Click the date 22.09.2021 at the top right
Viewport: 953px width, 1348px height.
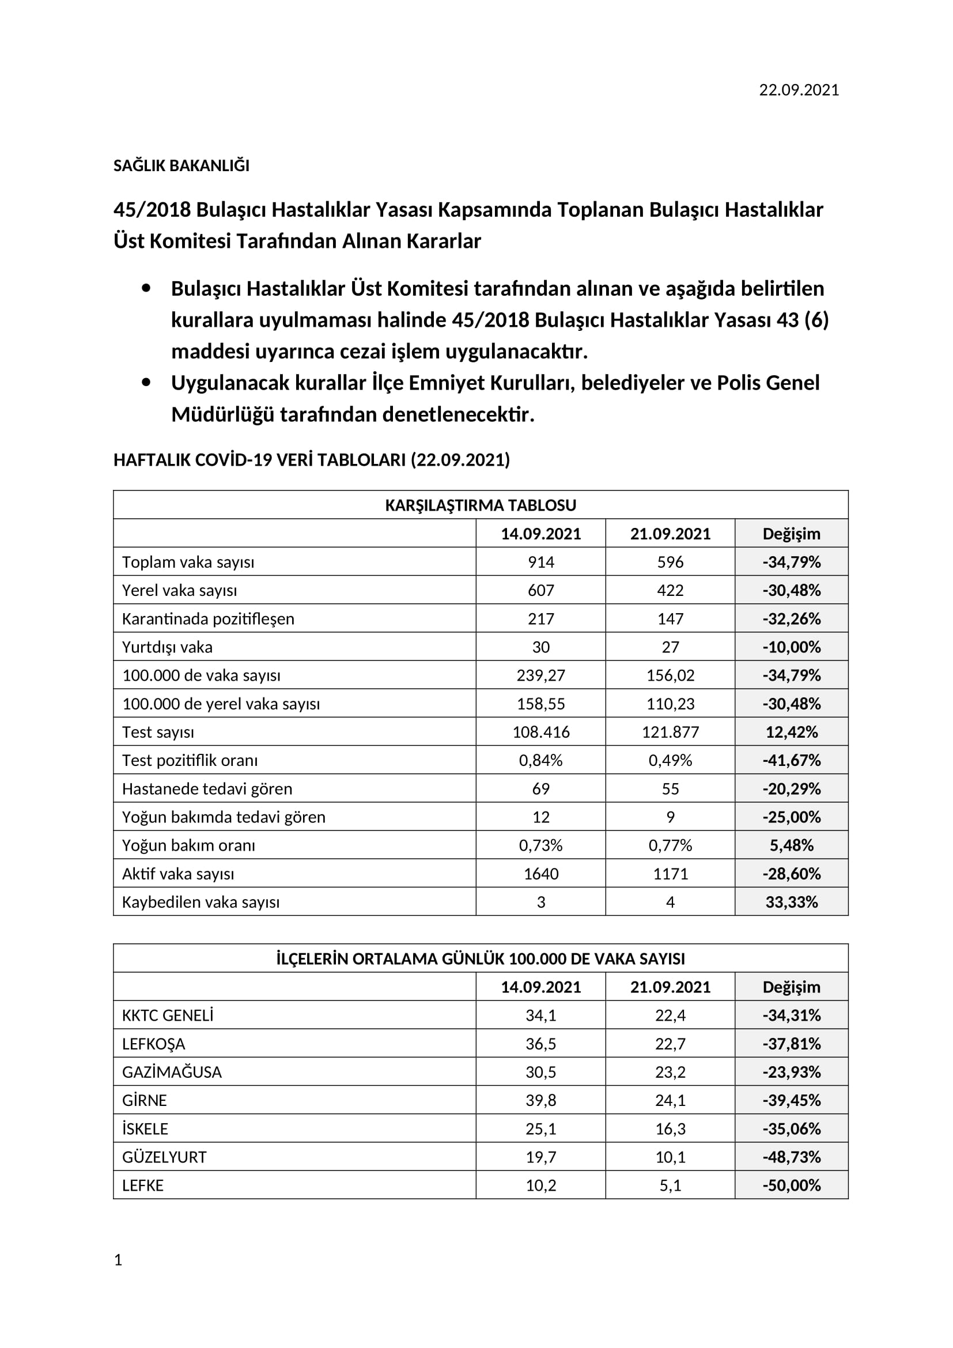tap(799, 90)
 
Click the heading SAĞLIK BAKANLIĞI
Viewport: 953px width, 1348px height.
tap(181, 165)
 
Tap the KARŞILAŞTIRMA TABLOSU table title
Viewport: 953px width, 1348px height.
tap(480, 505)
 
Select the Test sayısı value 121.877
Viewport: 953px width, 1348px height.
tap(670, 732)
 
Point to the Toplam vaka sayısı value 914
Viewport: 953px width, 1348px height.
tap(540, 562)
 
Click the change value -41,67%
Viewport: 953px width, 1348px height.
tap(791, 760)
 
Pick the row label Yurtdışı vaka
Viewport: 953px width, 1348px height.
tap(167, 647)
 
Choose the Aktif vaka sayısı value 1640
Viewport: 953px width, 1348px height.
tap(540, 874)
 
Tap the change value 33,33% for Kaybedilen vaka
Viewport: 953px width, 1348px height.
tap(791, 902)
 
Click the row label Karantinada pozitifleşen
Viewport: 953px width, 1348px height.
tap(208, 619)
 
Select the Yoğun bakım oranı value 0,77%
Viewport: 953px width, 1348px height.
tap(670, 845)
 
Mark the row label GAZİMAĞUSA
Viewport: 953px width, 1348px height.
tap(172, 1072)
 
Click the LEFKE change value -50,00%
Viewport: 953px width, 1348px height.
tap(791, 1185)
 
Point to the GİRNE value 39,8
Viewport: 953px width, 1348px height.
tap(540, 1100)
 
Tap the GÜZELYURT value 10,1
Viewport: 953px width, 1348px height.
tap(670, 1157)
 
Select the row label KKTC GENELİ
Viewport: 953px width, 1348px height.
tap(168, 1015)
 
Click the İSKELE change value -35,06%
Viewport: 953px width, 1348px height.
tap(791, 1129)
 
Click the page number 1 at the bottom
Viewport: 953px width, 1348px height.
tap(118, 1260)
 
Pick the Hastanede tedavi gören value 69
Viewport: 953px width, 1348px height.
tap(540, 788)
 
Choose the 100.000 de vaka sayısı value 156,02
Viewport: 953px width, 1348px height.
tap(670, 675)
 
